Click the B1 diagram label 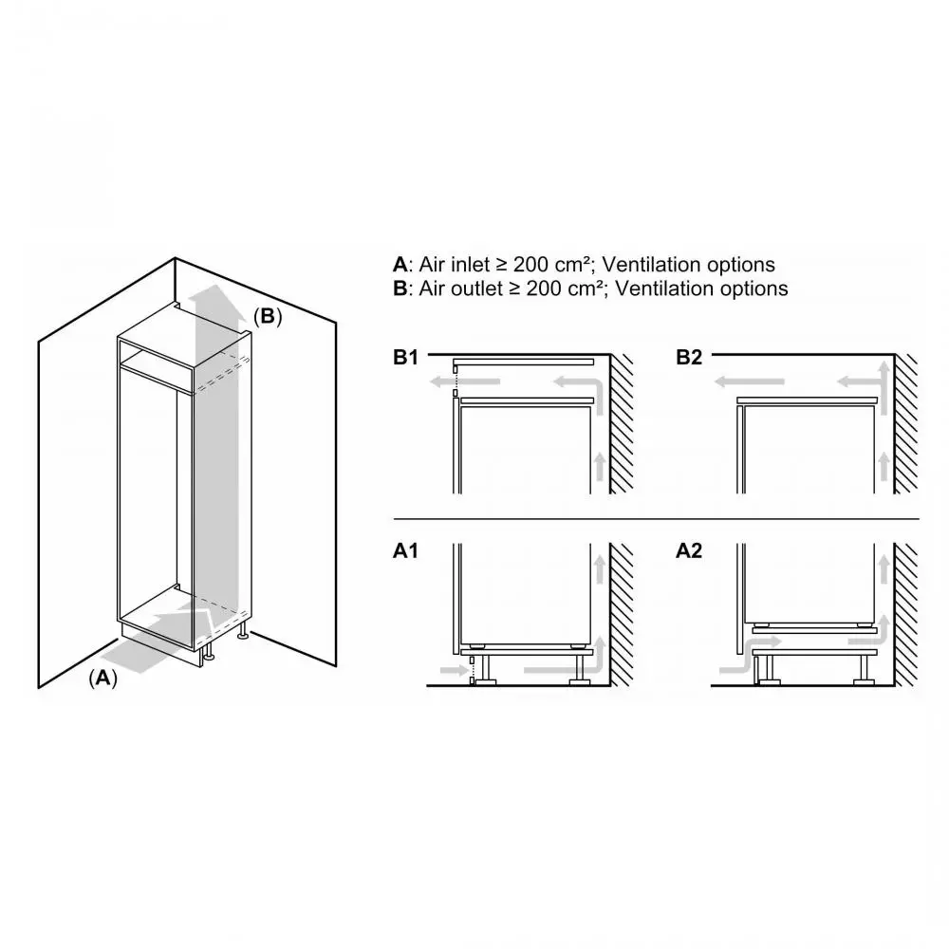[x=405, y=357]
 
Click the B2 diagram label [x=689, y=357]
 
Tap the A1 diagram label [x=405, y=550]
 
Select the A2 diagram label [x=689, y=550]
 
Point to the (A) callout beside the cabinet [x=102, y=678]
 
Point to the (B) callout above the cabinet [x=267, y=316]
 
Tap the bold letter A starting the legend [x=400, y=265]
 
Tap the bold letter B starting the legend [x=400, y=288]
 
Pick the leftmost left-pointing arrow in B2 [x=750, y=381]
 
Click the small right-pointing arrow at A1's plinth [x=455, y=670]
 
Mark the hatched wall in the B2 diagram [x=906, y=423]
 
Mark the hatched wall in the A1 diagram [x=622, y=614]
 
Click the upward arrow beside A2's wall [x=884, y=568]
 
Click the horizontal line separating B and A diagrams [x=656, y=519]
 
